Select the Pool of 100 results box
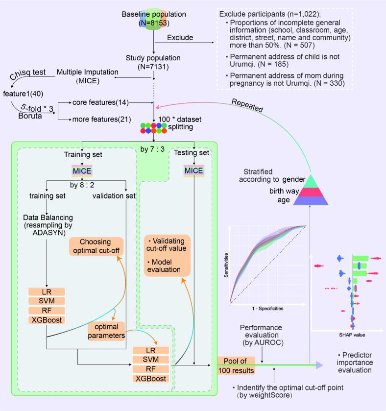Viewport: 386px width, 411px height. click(x=237, y=366)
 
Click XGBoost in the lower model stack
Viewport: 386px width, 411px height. click(x=151, y=378)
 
